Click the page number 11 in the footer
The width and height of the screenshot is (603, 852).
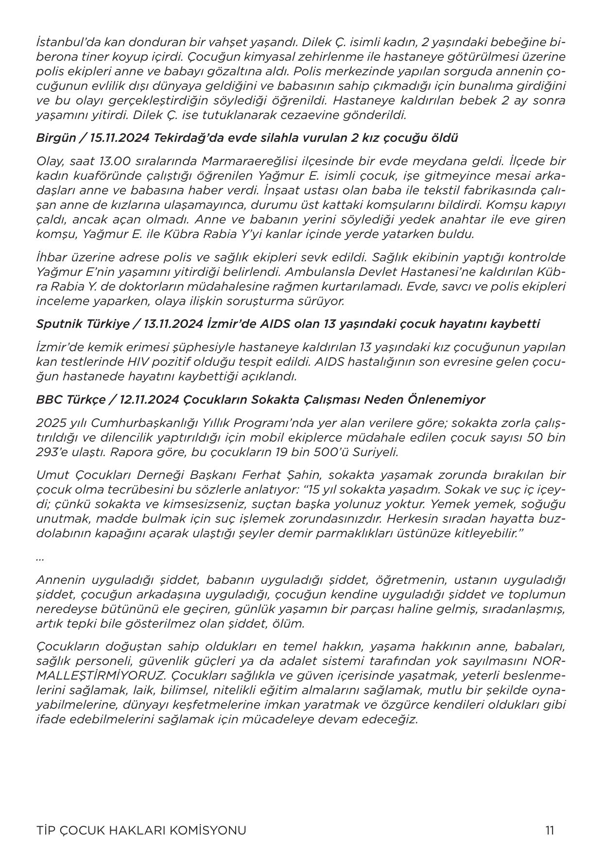tap(550, 830)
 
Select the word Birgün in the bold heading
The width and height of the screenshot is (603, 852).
tap(56, 138)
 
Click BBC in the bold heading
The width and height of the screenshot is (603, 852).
tap(47, 400)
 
